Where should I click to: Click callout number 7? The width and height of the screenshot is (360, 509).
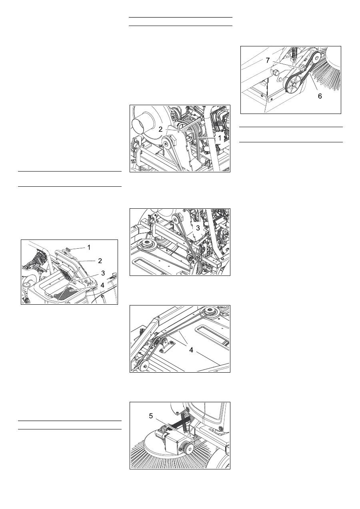[x=268, y=60]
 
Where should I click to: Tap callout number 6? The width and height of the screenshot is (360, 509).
[x=320, y=96]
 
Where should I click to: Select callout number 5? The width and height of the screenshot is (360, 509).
[x=151, y=416]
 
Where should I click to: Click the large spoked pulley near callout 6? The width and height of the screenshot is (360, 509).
[x=294, y=84]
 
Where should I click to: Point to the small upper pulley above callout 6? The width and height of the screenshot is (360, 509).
[x=315, y=59]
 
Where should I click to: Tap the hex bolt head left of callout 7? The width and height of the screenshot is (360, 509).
[x=274, y=73]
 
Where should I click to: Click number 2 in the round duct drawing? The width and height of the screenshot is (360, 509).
[x=160, y=129]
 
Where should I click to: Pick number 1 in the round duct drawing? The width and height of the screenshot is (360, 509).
[x=220, y=138]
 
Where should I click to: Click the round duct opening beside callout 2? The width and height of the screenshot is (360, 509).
[x=139, y=126]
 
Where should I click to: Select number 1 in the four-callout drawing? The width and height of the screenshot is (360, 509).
[x=89, y=247]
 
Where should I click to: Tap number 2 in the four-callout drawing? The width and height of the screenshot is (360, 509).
[x=100, y=261]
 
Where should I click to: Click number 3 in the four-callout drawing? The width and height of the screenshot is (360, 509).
[x=103, y=273]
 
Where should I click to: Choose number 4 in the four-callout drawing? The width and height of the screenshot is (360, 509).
[x=102, y=285]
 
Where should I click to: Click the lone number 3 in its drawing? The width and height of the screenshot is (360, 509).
[x=198, y=228]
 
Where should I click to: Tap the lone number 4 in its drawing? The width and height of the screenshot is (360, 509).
[x=191, y=350]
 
